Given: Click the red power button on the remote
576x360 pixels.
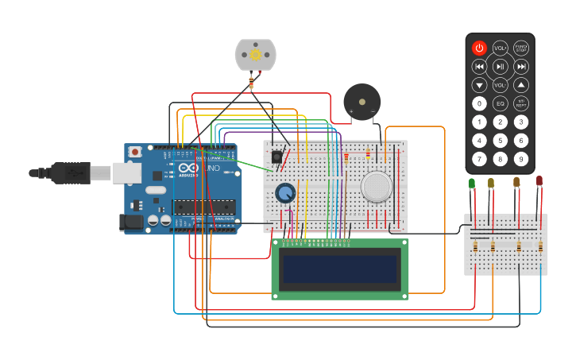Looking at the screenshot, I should [479, 48].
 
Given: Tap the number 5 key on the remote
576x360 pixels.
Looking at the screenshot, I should [500, 140].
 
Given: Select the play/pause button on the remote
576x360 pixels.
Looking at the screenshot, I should [500, 66].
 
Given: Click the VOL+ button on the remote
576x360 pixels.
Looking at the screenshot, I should [500, 48].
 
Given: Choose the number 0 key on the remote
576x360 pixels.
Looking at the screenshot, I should [479, 103].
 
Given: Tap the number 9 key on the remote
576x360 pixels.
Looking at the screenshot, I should [520, 158].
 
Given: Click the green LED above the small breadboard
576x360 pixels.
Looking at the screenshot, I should [472, 184].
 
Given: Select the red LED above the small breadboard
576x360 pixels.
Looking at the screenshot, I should [539, 182].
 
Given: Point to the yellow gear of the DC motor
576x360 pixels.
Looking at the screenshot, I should [255, 55].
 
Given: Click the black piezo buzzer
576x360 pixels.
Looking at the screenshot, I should [361, 102].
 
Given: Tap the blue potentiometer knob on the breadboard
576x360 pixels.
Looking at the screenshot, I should [284, 192].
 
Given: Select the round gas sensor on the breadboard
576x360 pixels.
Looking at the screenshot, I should [376, 186].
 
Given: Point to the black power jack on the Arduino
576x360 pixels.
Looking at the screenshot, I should [132, 223].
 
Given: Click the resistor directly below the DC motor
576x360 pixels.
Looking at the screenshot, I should [253, 80].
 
